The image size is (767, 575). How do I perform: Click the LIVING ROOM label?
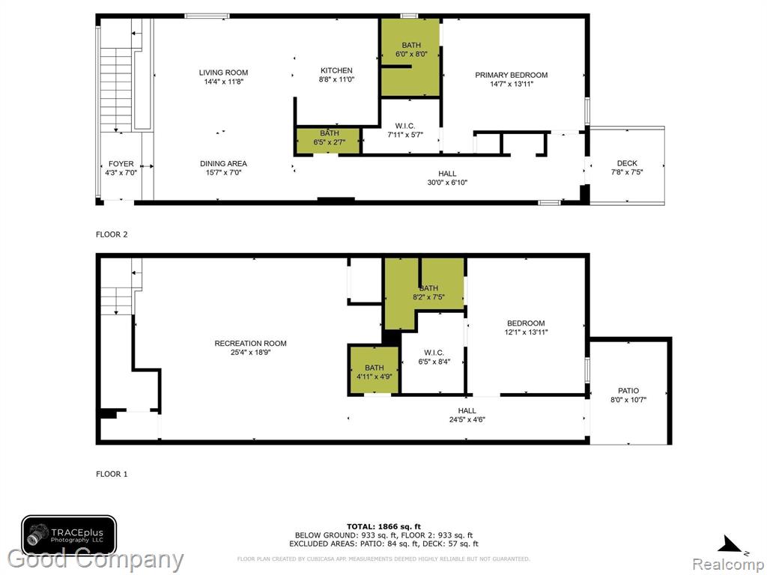point(223,73)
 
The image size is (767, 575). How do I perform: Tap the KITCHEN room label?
point(336,70)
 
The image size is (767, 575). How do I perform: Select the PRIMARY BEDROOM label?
point(511,75)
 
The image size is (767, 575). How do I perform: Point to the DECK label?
point(627,163)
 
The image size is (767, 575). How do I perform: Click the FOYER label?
point(121,164)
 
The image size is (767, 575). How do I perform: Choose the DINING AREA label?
point(223,163)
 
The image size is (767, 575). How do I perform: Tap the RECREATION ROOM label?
point(250,343)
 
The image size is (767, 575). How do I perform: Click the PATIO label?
point(628,391)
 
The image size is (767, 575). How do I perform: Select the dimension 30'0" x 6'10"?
point(447,183)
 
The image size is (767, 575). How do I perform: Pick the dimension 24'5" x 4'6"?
point(467,419)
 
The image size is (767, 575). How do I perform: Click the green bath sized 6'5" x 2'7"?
point(329,141)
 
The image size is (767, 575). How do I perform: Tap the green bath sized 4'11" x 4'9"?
point(375,370)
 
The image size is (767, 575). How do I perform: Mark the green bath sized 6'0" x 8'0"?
point(410,57)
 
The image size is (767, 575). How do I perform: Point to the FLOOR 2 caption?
point(112,234)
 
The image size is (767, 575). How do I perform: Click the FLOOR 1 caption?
point(112,474)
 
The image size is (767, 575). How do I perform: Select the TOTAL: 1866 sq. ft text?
point(383,526)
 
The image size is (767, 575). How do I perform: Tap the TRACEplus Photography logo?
point(68,535)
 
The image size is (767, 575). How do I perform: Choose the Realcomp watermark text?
point(727,564)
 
